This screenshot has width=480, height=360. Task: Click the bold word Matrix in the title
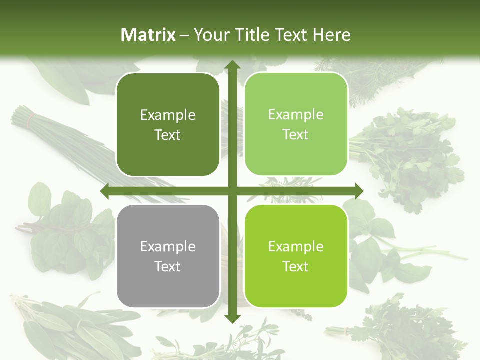(148, 35)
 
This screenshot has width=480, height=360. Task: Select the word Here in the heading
(331, 35)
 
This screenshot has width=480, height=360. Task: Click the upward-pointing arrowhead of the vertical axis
(232, 65)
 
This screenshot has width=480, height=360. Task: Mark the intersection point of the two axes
(232, 191)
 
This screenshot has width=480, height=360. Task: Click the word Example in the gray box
(168, 246)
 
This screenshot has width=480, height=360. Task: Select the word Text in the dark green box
(168, 135)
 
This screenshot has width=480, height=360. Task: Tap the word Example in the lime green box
(296, 246)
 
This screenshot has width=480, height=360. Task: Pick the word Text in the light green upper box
(296, 134)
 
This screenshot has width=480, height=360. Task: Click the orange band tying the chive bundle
(32, 119)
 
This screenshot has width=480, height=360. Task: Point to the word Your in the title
(210, 35)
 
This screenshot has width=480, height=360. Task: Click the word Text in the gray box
(168, 266)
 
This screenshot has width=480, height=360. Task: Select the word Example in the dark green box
(168, 115)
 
